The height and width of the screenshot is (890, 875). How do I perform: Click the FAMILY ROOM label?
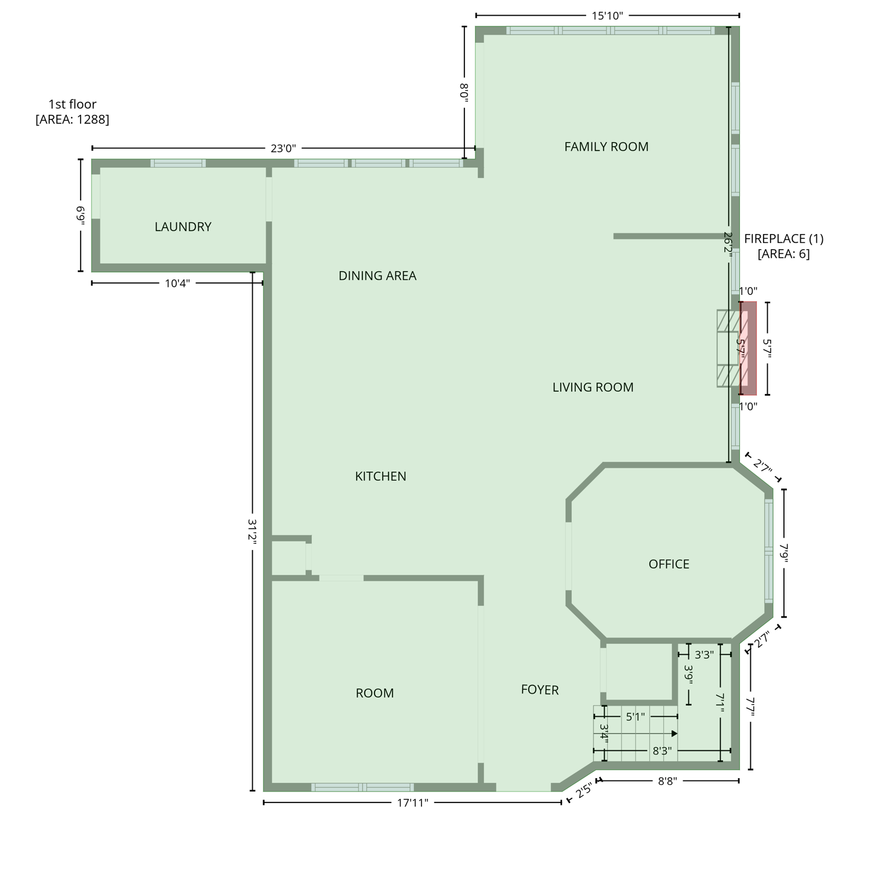(x=606, y=147)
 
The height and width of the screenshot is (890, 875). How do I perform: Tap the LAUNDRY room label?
(x=183, y=227)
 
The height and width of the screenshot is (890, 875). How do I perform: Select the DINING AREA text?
(x=377, y=275)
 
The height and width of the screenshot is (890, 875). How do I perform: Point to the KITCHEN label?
(x=380, y=476)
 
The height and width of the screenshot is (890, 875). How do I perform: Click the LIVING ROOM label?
(x=593, y=387)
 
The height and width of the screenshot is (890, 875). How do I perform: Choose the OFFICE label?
(x=669, y=564)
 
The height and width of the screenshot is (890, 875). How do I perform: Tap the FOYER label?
(x=539, y=690)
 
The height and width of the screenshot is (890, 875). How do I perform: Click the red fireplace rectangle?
(x=749, y=348)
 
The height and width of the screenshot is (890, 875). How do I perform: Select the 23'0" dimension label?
(x=283, y=148)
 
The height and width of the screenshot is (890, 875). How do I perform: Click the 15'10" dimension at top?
(x=607, y=16)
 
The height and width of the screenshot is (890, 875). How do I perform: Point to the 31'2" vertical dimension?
(x=252, y=531)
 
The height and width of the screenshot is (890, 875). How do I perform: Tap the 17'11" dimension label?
(x=412, y=803)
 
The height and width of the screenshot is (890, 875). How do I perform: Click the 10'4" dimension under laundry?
(x=177, y=283)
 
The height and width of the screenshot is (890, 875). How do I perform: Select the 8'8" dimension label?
(x=667, y=781)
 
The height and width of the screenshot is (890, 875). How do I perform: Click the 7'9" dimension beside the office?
(x=784, y=553)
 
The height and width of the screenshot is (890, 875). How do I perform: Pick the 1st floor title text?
(x=72, y=104)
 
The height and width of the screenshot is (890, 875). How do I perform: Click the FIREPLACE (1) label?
(x=783, y=239)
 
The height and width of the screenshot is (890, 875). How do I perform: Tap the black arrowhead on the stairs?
(x=674, y=734)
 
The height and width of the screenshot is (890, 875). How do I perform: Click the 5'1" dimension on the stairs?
(x=635, y=717)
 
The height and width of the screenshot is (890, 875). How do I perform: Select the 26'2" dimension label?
(x=728, y=243)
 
